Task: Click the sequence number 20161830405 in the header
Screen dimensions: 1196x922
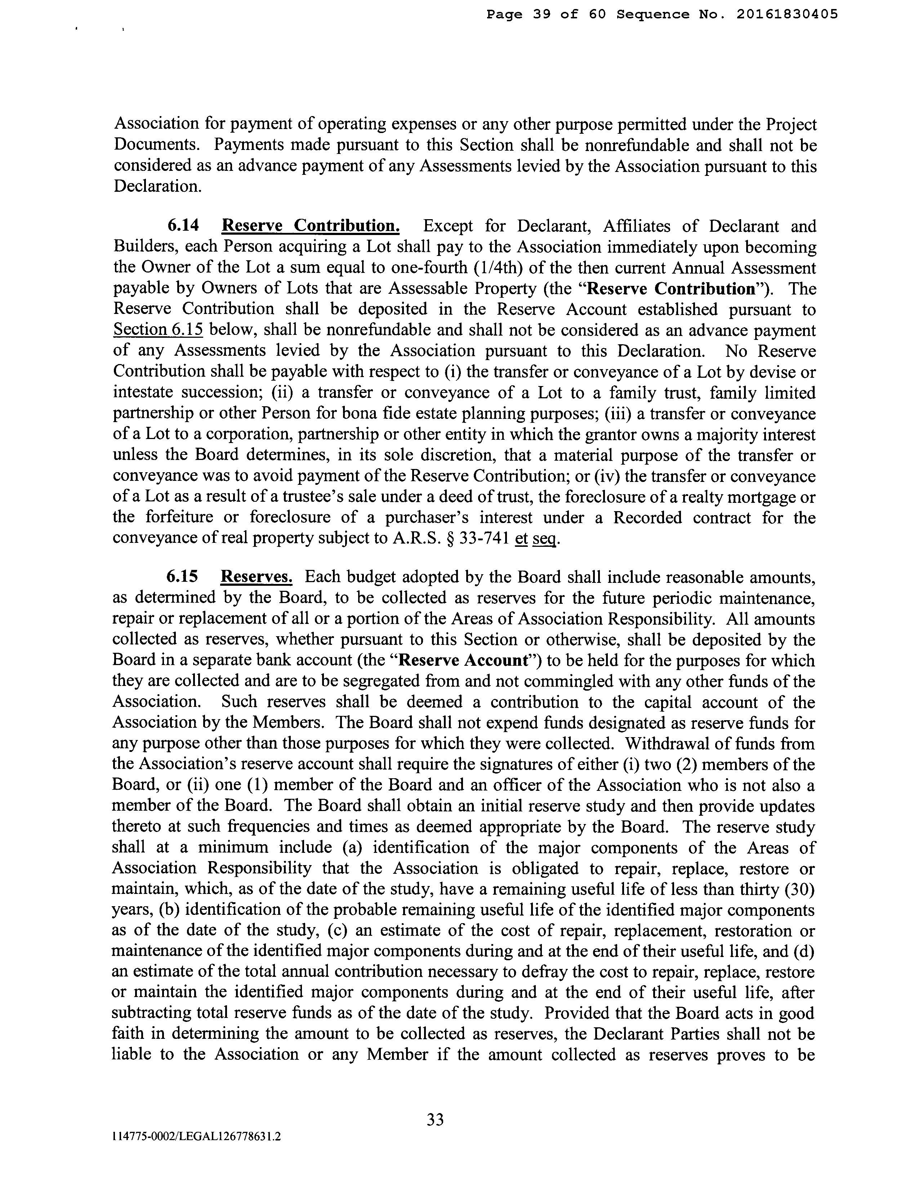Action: [787, 15]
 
